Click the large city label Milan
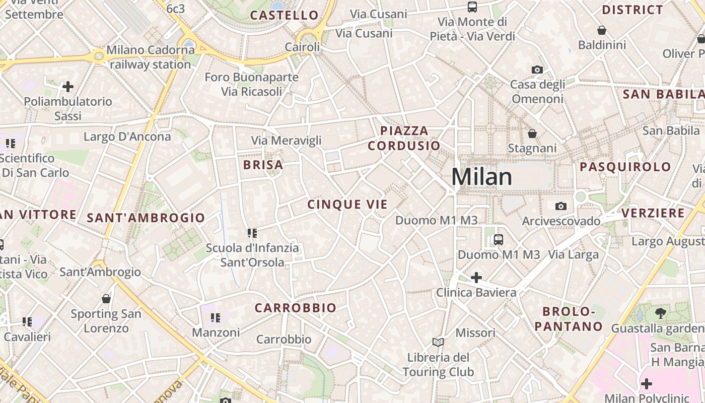click(481, 177)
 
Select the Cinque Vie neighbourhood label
click(347, 204)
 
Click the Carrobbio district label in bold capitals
click(295, 308)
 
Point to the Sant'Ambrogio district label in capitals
click(146, 218)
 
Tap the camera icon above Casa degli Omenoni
click(537, 70)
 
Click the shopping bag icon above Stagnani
click(532, 133)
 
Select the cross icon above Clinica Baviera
click(476, 277)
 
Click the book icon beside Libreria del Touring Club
click(438, 343)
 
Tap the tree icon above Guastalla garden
click(660, 313)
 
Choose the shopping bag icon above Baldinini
click(601, 30)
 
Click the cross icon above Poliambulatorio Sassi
click(68, 87)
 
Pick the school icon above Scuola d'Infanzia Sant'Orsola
click(252, 233)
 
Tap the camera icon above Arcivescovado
click(560, 206)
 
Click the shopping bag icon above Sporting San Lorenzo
click(106, 299)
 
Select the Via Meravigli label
click(286, 141)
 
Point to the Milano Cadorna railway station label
click(149, 57)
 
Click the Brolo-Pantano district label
click(569, 319)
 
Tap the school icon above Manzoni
click(216, 317)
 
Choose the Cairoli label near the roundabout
click(302, 47)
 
